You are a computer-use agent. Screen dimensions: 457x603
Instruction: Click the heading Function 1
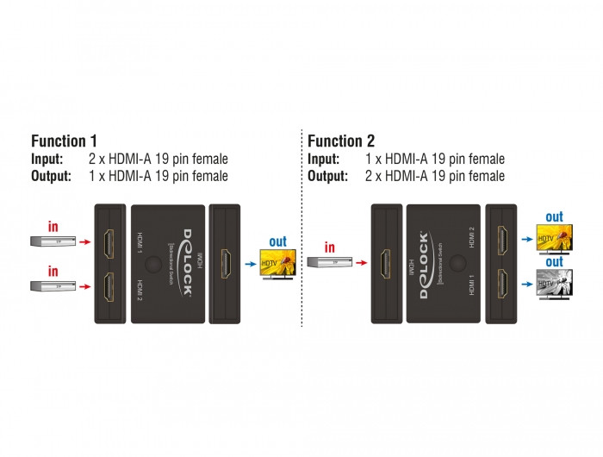[64, 141]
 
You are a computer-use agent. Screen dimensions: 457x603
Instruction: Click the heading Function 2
[340, 141]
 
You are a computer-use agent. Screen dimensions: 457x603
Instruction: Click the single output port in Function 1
[225, 260]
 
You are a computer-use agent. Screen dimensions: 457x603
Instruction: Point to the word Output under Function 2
[329, 176]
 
